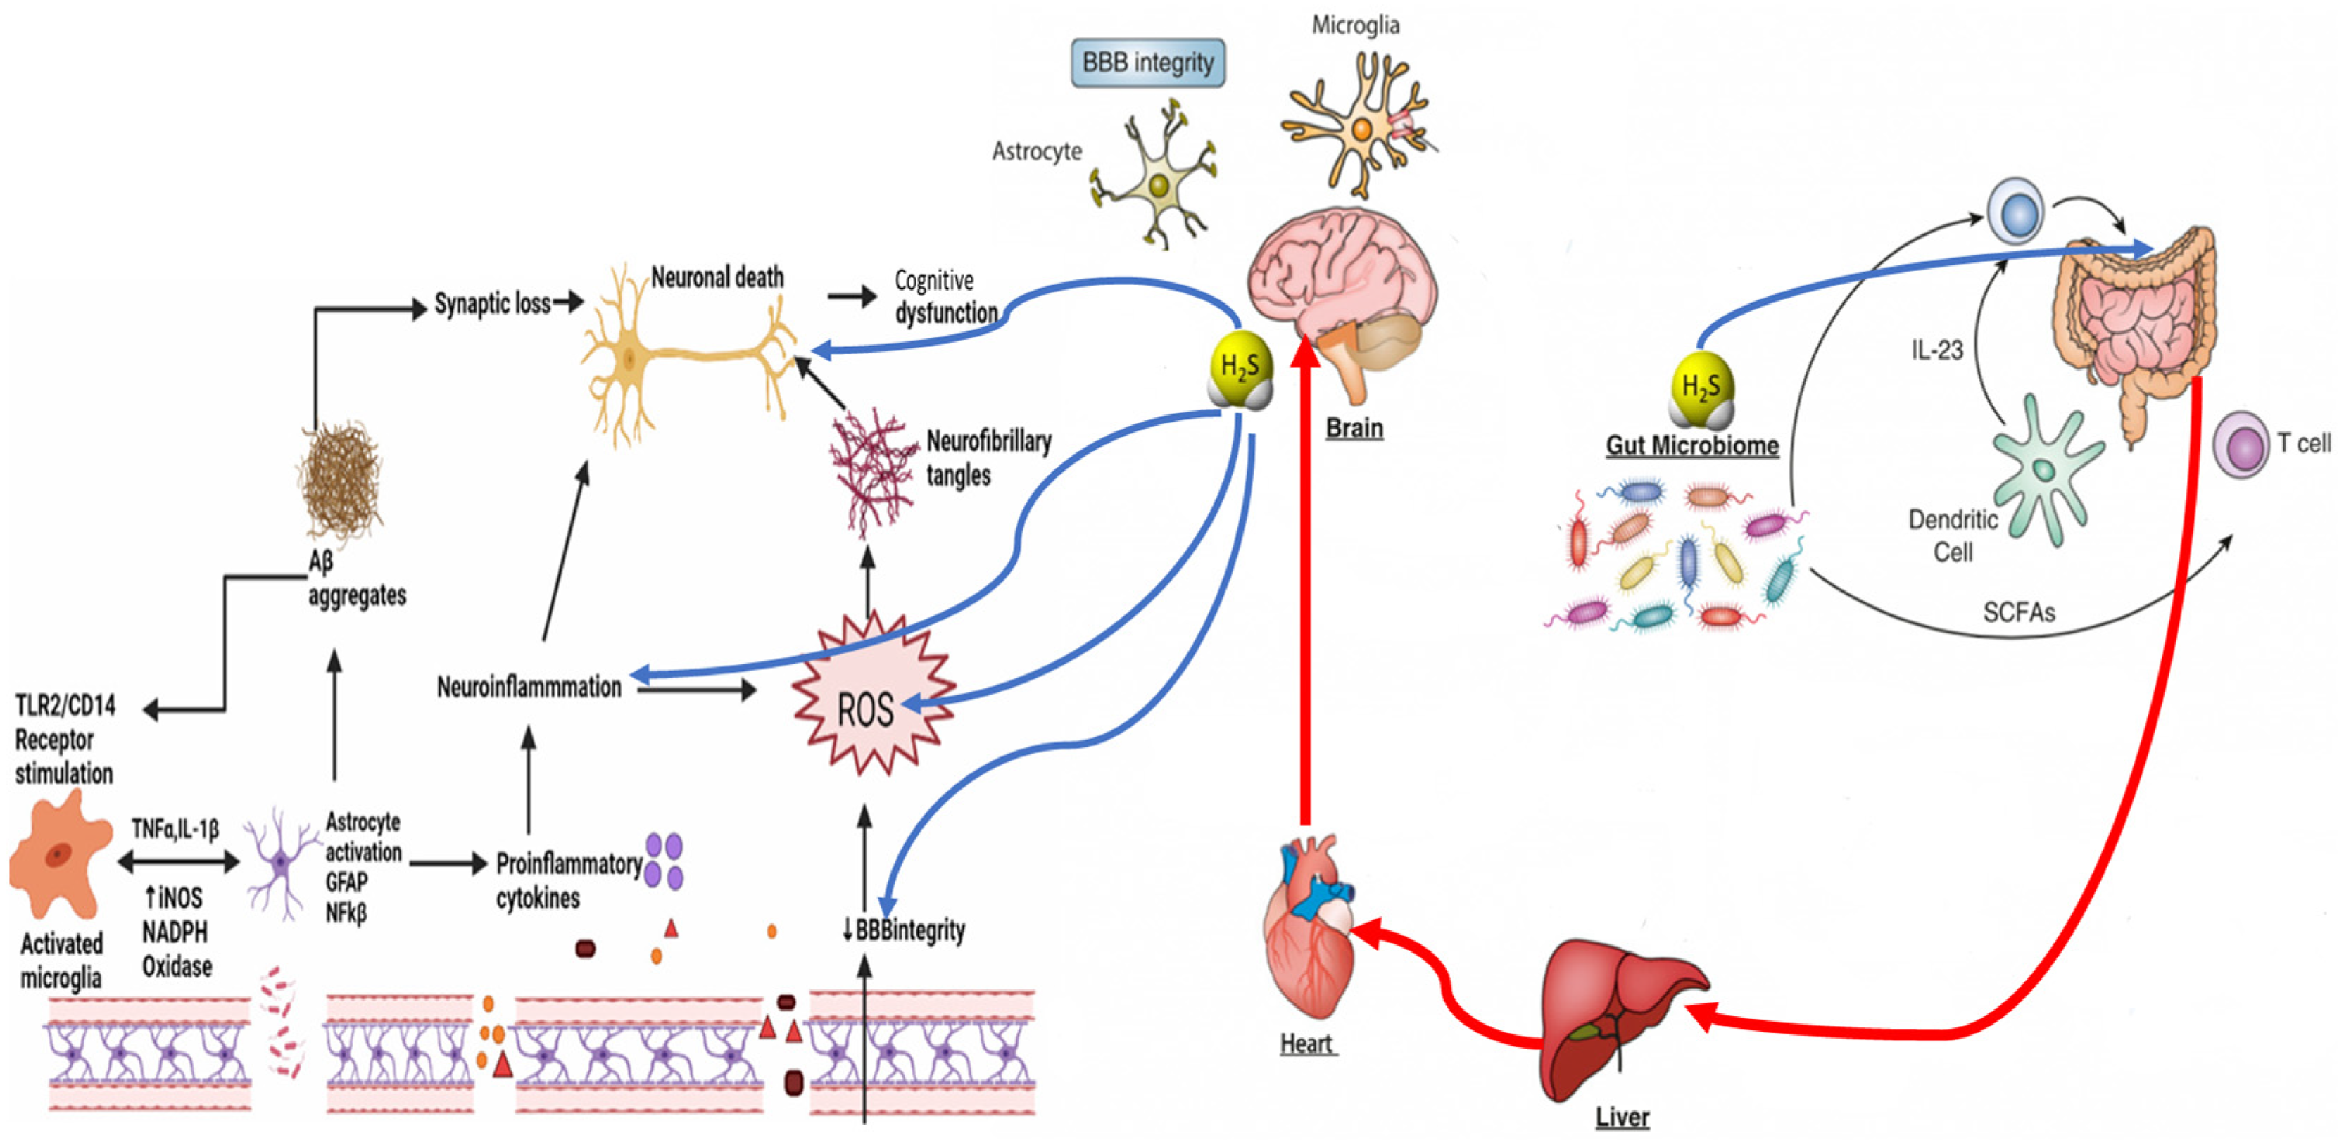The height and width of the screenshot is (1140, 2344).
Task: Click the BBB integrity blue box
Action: click(x=1147, y=63)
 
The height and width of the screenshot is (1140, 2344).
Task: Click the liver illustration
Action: click(x=1615, y=1019)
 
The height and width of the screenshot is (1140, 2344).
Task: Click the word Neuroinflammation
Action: click(x=529, y=687)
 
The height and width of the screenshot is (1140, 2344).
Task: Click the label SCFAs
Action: click(x=2018, y=612)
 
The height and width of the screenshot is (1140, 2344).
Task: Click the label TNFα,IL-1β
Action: click(x=175, y=829)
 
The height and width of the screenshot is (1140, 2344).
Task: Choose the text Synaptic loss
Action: click(x=491, y=303)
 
